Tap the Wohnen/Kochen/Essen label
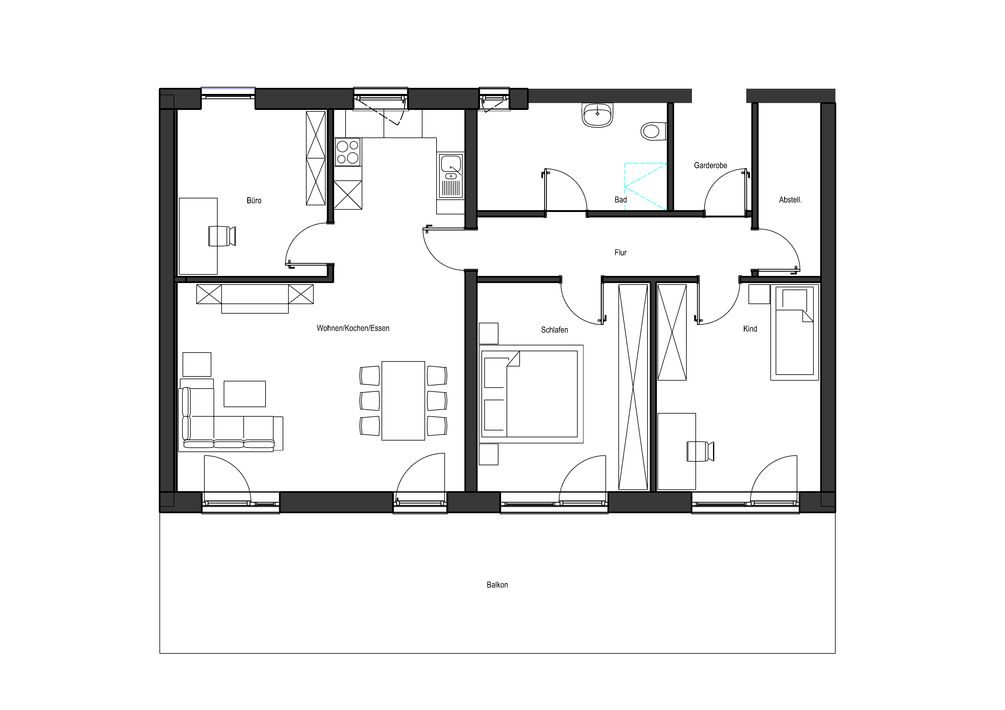coord(353,328)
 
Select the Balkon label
coord(497,585)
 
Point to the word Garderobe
coord(710,165)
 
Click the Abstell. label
coord(790,200)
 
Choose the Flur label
coord(620,252)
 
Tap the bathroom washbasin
coord(598,115)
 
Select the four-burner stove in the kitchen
coord(347,152)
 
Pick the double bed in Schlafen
coord(531,394)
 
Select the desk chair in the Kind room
coord(700,451)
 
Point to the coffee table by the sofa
coord(245,394)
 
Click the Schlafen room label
coord(555,330)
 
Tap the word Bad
coord(621,200)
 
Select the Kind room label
coord(750,329)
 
